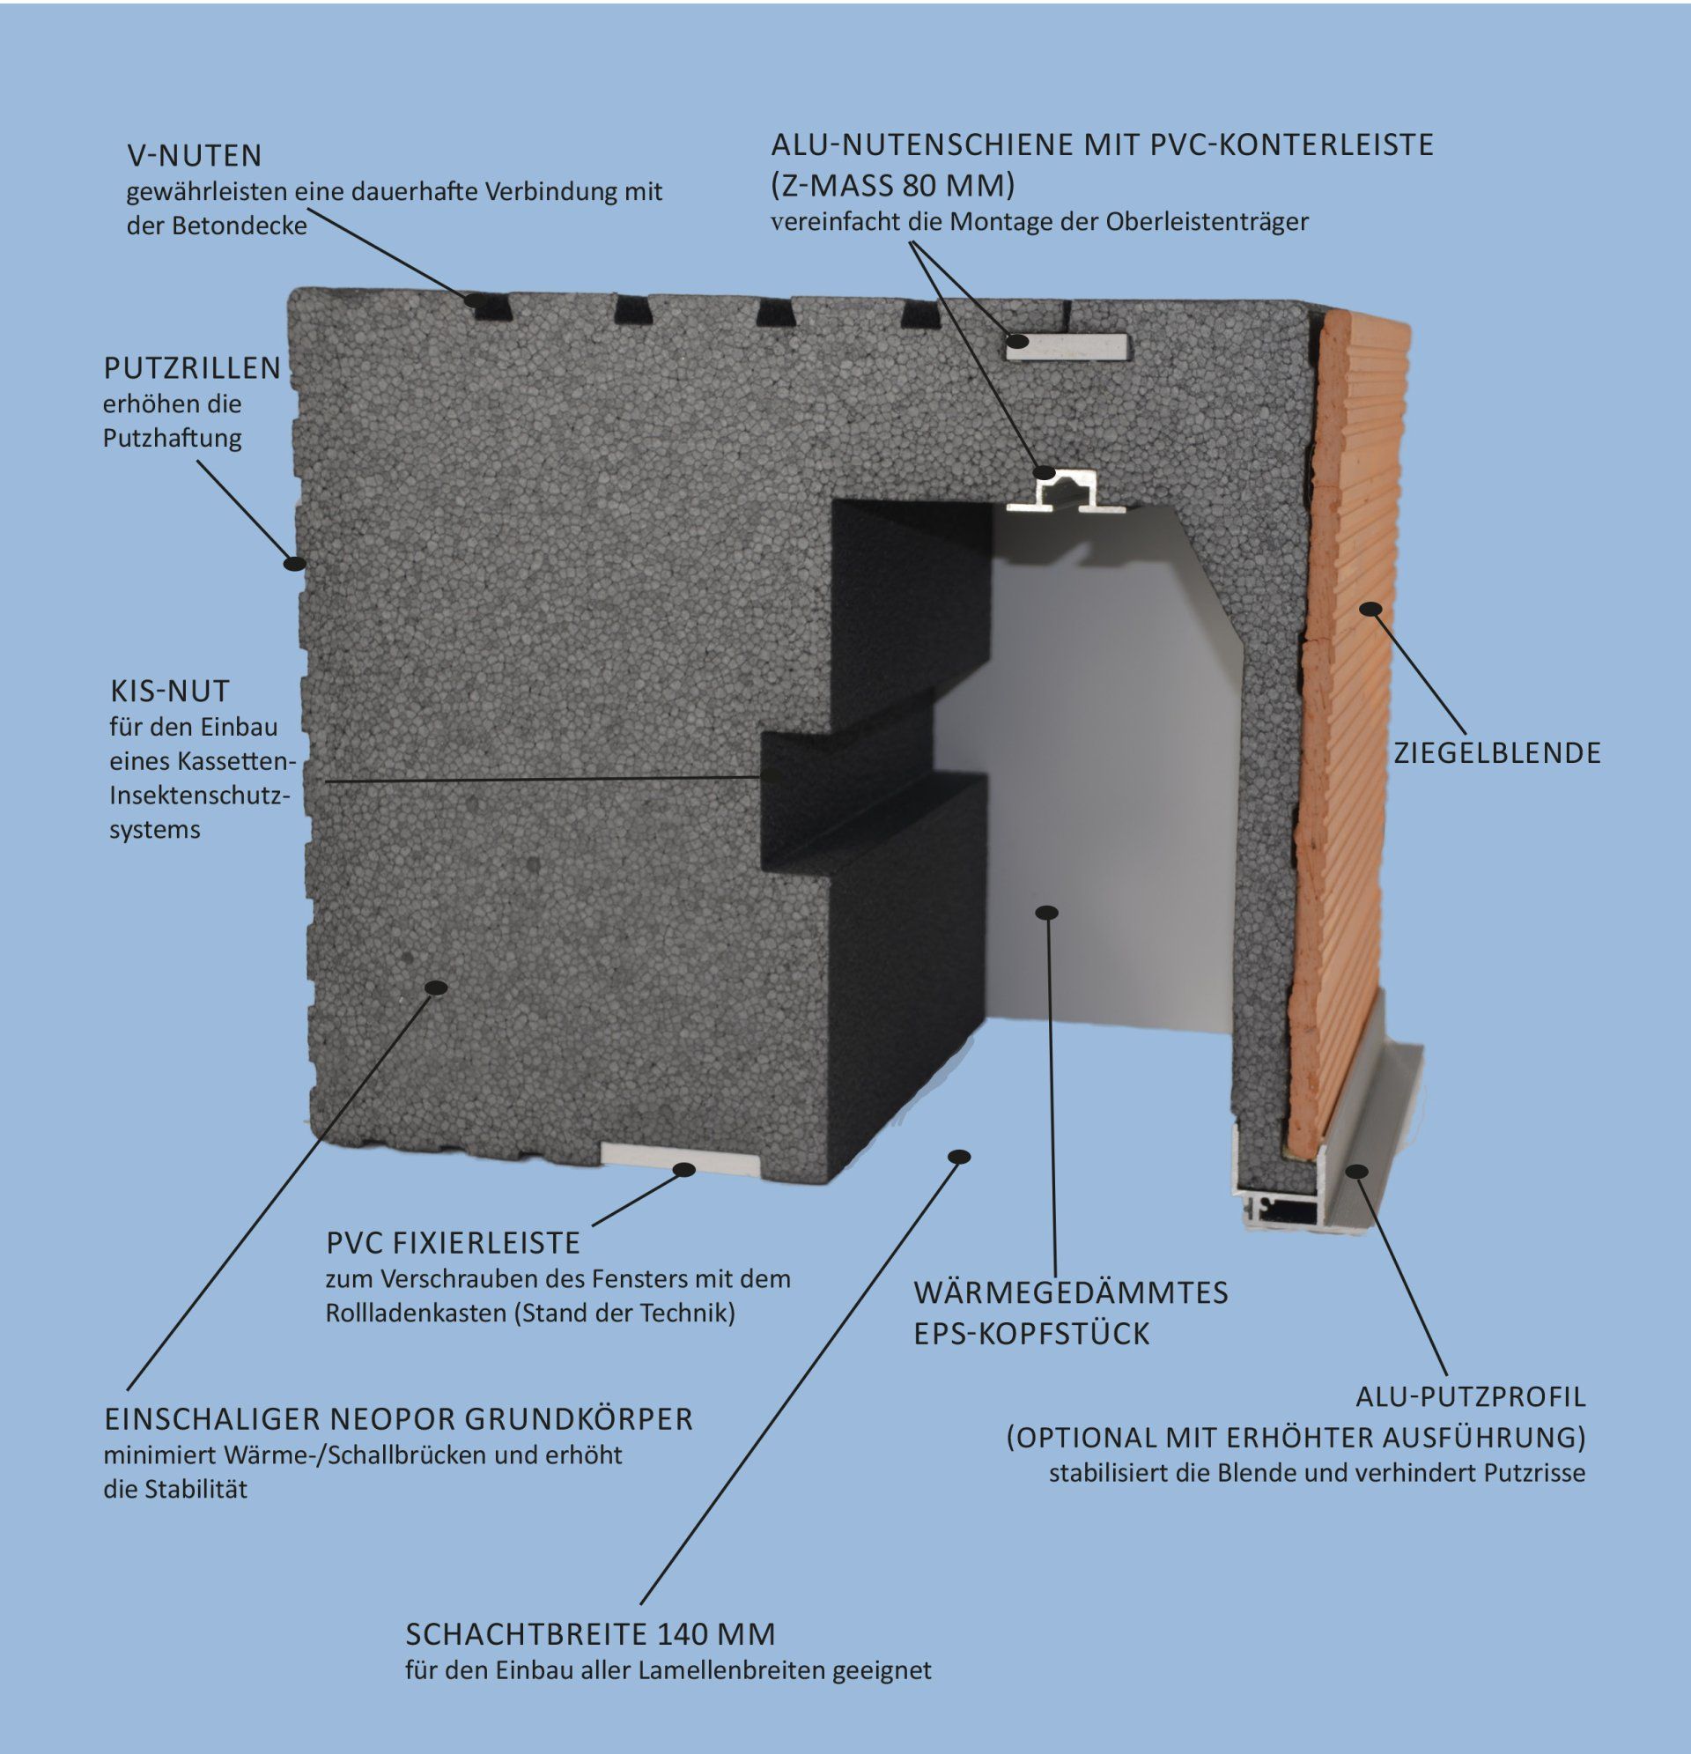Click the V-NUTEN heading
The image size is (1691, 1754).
point(194,156)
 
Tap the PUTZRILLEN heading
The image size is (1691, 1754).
point(192,368)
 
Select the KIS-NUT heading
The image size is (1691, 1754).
point(170,691)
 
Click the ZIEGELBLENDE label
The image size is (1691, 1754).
point(1497,752)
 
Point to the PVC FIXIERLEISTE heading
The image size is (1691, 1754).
point(453,1243)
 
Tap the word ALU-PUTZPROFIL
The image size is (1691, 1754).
point(1470,1396)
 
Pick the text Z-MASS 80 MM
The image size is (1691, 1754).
point(893,185)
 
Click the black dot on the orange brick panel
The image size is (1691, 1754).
point(1370,610)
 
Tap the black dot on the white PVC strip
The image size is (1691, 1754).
point(684,1169)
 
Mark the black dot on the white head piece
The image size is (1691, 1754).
point(1047,912)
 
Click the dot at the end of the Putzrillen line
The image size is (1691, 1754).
point(293,563)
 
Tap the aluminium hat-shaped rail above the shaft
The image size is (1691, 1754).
point(1065,494)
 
